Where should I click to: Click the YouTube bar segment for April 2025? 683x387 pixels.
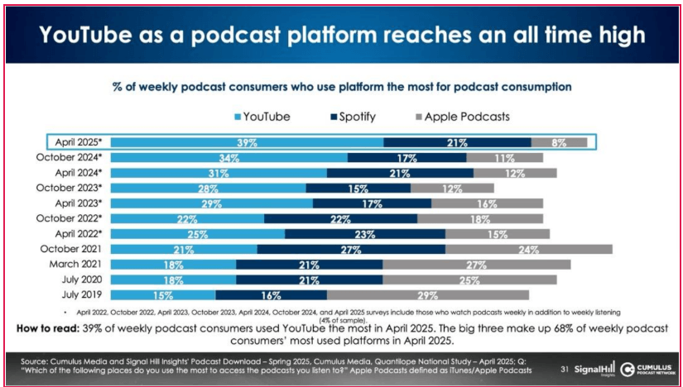[x=247, y=142]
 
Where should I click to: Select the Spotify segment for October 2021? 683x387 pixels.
[x=351, y=249]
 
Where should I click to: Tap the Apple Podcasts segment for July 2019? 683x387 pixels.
[x=427, y=294]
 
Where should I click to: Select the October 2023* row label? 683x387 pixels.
[x=70, y=188]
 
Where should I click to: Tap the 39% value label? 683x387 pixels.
[x=247, y=142]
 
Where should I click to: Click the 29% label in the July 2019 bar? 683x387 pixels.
[x=428, y=294]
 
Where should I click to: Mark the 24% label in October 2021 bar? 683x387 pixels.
[x=528, y=249]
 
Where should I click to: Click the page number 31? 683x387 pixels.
[x=565, y=368]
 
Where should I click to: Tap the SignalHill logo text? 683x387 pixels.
[x=594, y=368]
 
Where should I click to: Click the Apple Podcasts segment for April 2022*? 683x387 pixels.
[x=498, y=234]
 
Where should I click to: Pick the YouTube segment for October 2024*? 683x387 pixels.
[x=229, y=157]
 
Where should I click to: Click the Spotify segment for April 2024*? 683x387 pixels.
[x=400, y=173]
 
